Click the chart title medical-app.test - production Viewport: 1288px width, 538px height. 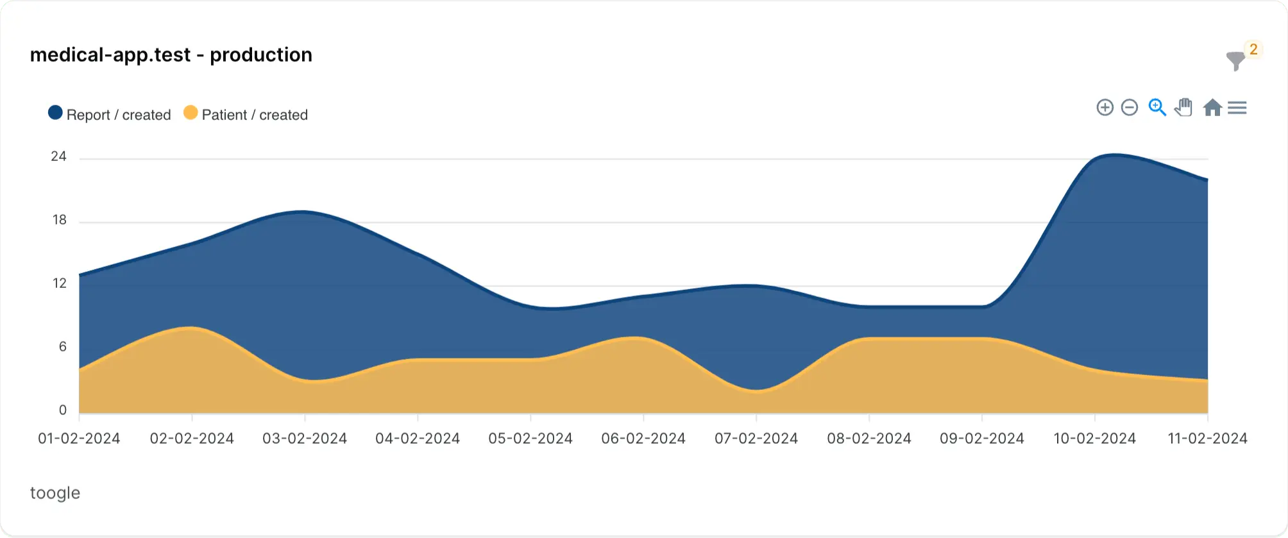pyautogui.click(x=171, y=55)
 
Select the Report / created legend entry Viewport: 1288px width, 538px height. pyautogui.click(x=110, y=115)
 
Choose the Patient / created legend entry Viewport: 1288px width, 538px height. pyautogui.click(x=246, y=115)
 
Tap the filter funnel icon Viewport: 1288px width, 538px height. pyautogui.click(x=1235, y=61)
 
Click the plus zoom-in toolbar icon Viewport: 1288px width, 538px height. pyautogui.click(x=1105, y=108)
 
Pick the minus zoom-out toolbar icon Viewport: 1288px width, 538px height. pyautogui.click(x=1130, y=108)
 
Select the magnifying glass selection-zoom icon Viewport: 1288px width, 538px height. pyautogui.click(x=1157, y=108)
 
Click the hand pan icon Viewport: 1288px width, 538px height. pyautogui.click(x=1184, y=108)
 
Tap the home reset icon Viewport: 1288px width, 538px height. pyautogui.click(x=1212, y=108)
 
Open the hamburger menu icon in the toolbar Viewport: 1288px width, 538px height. pyautogui.click(x=1237, y=108)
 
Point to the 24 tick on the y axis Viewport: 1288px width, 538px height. pyautogui.click(x=58, y=156)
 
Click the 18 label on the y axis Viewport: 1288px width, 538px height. pyautogui.click(x=59, y=220)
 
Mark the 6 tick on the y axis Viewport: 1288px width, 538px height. pyautogui.click(x=62, y=347)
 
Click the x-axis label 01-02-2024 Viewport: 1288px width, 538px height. pyautogui.click(x=79, y=439)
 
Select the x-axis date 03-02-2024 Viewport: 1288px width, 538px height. pyautogui.click(x=305, y=439)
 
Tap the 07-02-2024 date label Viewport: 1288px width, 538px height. pyautogui.click(x=756, y=439)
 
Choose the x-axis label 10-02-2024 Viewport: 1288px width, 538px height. pyautogui.click(x=1095, y=439)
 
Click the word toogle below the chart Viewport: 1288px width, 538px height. pyautogui.click(x=55, y=492)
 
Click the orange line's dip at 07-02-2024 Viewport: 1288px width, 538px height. pyautogui.click(x=757, y=390)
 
